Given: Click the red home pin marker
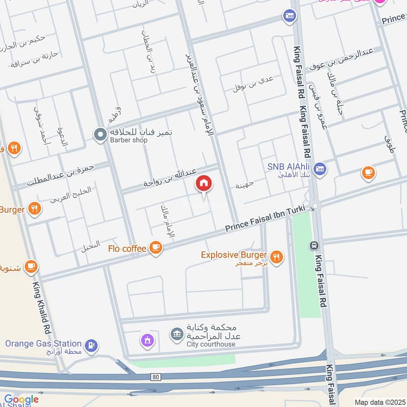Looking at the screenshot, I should [x=204, y=184].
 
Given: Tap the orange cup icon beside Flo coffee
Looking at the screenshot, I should [x=156, y=248].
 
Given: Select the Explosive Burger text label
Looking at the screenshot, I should [x=234, y=255].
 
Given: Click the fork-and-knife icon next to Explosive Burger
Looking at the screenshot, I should [x=277, y=256].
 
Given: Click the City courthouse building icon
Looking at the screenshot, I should [x=177, y=334].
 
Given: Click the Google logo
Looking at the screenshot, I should [x=21, y=399].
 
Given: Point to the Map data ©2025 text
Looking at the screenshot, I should [x=379, y=402].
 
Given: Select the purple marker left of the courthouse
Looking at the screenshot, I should [x=147, y=340].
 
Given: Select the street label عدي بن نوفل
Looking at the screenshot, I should [x=253, y=83].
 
